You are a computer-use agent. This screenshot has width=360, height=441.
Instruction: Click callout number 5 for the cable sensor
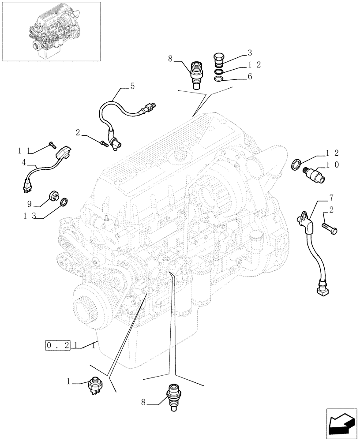[x=132, y=87]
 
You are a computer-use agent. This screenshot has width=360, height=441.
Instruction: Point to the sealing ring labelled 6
[x=218, y=79]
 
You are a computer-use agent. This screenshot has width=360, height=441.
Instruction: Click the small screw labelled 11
[x=52, y=144]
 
